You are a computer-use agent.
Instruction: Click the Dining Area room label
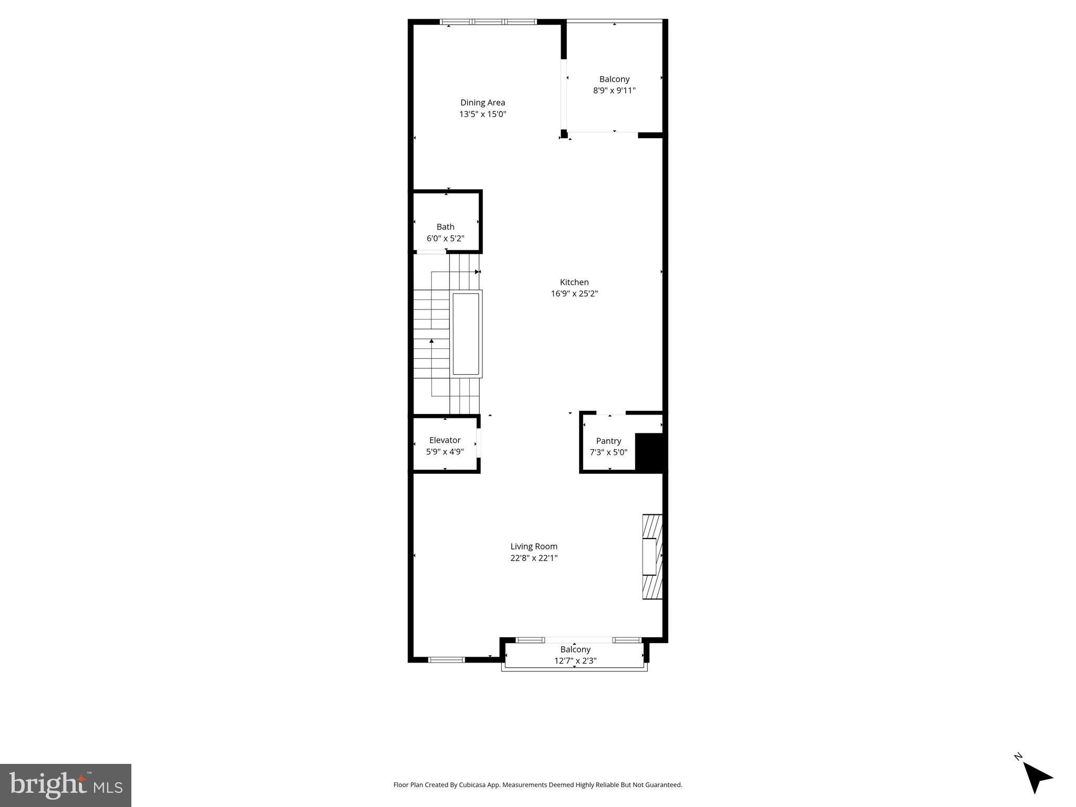(x=482, y=102)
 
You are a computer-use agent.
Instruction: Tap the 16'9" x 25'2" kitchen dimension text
(x=574, y=294)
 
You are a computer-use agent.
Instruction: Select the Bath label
(x=445, y=227)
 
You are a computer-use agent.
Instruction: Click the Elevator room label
(x=444, y=440)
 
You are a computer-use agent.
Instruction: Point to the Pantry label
(x=608, y=441)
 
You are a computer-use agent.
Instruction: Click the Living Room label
(x=534, y=546)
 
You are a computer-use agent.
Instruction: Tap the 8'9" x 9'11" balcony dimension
(x=614, y=90)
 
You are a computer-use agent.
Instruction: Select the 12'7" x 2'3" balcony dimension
(x=575, y=661)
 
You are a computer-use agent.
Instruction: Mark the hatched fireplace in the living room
(x=652, y=557)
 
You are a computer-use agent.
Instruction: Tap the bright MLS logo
(x=66, y=785)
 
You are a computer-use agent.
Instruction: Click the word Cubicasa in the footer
(x=467, y=785)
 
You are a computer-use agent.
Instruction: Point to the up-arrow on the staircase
(x=432, y=342)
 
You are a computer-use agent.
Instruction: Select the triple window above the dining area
(x=488, y=22)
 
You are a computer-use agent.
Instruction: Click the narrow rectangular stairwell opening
(x=466, y=334)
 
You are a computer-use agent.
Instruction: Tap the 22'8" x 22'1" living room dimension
(x=534, y=558)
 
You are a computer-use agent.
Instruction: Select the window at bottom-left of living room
(x=447, y=659)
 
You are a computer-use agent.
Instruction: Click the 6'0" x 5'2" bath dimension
(x=445, y=239)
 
